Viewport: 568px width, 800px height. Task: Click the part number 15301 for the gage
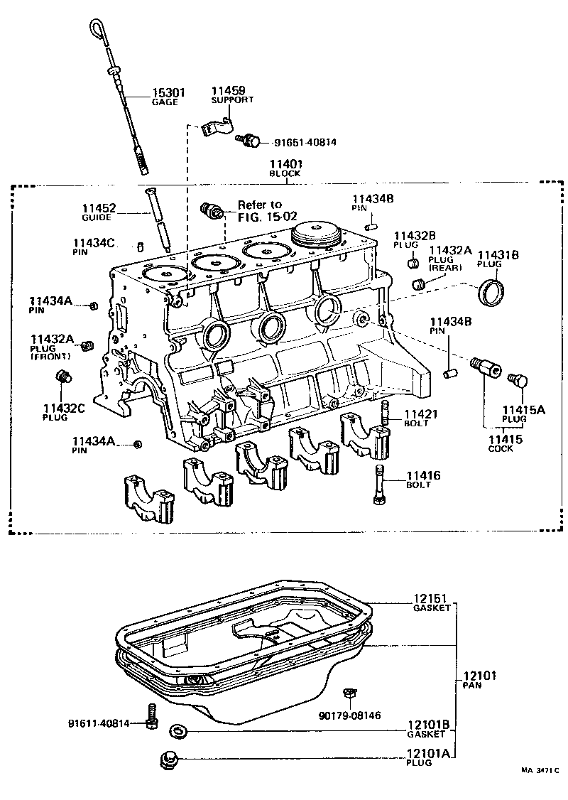(x=168, y=92)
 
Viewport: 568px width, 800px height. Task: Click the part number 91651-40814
(x=305, y=142)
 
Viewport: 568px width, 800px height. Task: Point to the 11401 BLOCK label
(x=285, y=168)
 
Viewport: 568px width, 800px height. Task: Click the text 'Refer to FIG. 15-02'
(x=263, y=210)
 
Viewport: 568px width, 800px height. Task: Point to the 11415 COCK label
(x=505, y=443)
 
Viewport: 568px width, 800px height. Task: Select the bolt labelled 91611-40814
(x=151, y=715)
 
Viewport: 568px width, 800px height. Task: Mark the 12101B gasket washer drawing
(x=176, y=731)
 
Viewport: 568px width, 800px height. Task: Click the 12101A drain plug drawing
(x=168, y=759)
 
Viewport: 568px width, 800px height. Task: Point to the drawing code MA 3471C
(x=540, y=771)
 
